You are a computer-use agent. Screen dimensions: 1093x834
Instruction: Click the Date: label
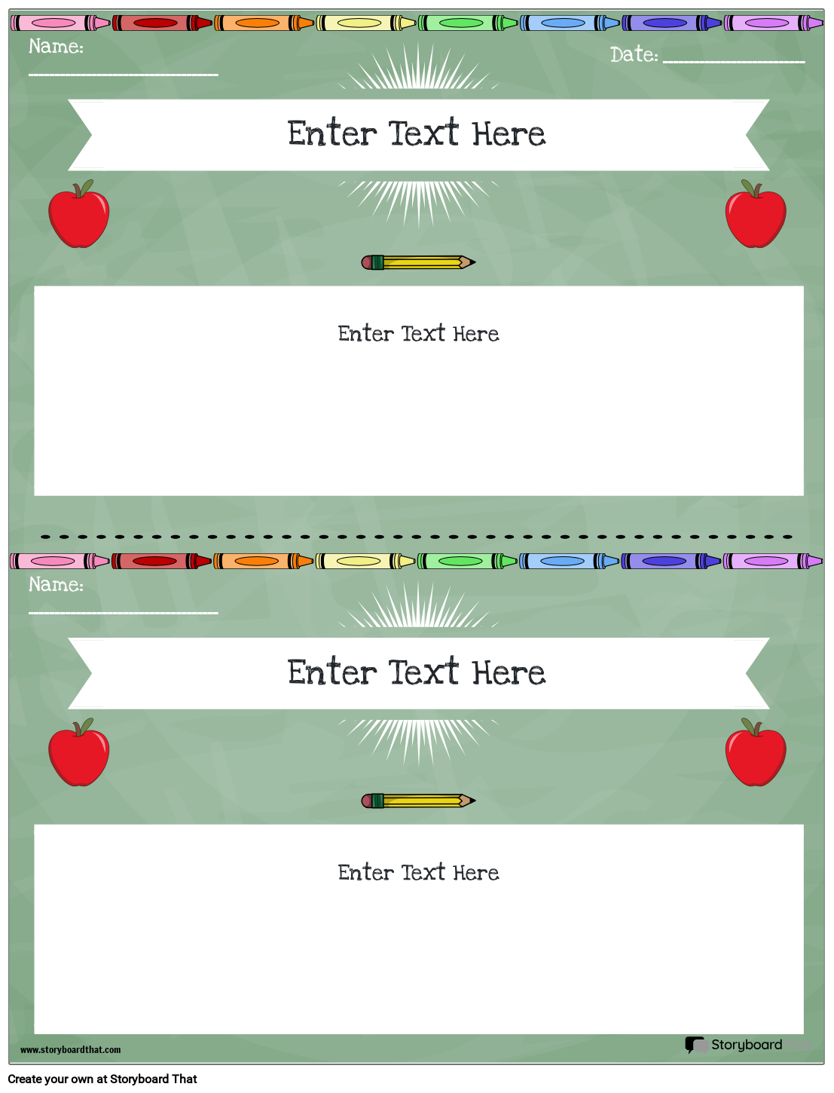click(634, 55)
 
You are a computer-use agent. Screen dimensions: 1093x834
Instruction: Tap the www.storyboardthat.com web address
click(70, 1049)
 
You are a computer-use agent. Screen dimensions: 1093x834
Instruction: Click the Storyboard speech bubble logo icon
click(695, 1045)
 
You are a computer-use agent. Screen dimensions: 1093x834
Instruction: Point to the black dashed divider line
click(417, 537)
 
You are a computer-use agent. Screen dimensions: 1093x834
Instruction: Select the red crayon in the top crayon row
click(162, 23)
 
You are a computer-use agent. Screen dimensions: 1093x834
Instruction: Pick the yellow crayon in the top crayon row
click(365, 23)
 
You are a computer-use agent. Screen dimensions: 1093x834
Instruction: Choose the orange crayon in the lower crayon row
click(263, 561)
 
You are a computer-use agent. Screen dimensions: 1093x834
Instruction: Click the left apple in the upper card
click(78, 216)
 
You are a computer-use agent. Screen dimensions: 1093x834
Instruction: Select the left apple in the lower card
click(78, 755)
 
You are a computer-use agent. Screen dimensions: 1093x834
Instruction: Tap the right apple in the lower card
click(756, 755)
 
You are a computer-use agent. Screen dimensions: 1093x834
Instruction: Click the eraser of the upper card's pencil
click(367, 262)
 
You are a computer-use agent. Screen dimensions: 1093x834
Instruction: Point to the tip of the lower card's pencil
click(472, 801)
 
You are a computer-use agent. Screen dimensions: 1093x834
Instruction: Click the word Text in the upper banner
click(424, 133)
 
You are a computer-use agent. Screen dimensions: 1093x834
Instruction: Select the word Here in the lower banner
click(509, 672)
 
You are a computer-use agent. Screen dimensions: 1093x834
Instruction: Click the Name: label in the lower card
click(56, 585)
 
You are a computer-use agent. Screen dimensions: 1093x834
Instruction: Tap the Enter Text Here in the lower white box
click(418, 873)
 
